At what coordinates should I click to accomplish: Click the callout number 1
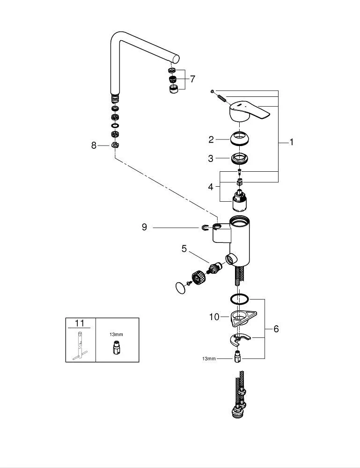292,142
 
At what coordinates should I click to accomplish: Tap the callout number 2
211,139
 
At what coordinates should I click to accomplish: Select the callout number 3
211,159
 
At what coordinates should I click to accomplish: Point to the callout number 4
211,187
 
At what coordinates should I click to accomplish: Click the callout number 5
184,249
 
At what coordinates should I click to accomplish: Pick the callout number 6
276,329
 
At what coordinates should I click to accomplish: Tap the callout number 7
192,79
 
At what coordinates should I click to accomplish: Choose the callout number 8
94,146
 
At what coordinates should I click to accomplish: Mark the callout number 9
145,227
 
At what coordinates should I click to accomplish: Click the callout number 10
214,317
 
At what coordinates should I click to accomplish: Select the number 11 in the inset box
80,323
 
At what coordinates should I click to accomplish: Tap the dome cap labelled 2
239,138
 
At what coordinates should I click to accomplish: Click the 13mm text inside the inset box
117,335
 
